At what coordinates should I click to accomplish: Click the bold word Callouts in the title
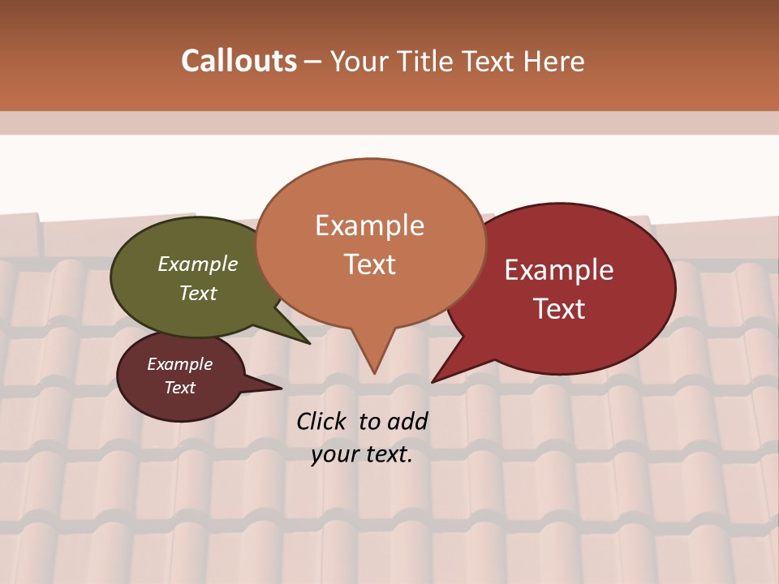[239, 61]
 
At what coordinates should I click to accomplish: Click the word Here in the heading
[554, 62]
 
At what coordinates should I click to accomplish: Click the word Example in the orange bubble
[369, 225]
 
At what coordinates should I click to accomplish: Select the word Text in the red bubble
[559, 309]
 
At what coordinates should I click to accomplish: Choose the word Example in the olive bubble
[198, 264]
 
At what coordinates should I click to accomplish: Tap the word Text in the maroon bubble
[179, 388]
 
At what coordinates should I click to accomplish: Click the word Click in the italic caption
[321, 421]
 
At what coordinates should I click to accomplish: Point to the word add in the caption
[407, 421]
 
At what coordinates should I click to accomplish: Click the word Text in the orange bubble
[369, 264]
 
